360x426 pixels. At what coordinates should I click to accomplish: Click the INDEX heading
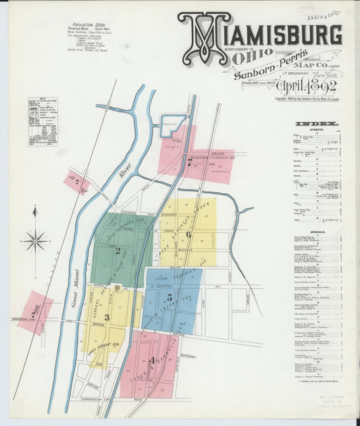(x=318, y=124)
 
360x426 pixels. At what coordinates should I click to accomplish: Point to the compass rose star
(x=35, y=240)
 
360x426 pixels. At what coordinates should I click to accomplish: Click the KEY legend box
(x=43, y=122)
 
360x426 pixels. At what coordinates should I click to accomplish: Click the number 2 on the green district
(x=118, y=250)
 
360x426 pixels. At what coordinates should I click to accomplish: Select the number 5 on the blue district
(x=170, y=296)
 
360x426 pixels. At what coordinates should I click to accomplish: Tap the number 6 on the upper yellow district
(x=188, y=234)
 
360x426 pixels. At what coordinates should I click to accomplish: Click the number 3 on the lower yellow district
(x=106, y=317)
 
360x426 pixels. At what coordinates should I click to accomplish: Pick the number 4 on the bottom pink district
(x=153, y=360)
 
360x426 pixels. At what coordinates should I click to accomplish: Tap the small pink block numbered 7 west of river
(x=76, y=182)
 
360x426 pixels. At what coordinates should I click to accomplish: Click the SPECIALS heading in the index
(x=318, y=232)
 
